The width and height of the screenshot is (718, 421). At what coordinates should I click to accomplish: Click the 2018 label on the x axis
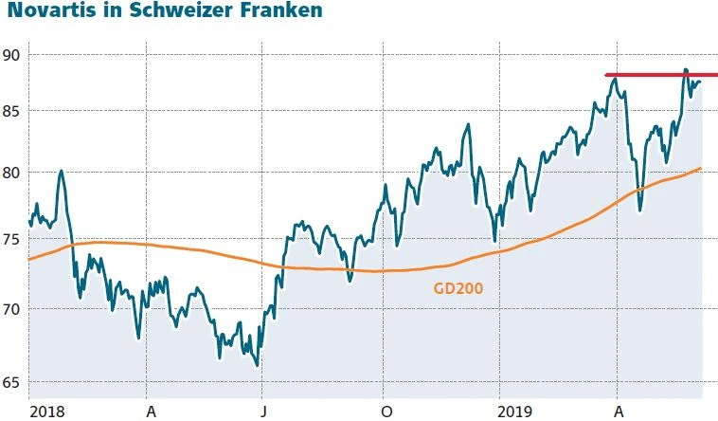point(45,412)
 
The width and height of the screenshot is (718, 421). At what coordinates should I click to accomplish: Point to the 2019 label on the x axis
point(516,412)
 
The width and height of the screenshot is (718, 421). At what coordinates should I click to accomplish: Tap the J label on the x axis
point(264,412)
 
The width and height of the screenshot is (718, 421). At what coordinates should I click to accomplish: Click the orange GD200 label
point(458,286)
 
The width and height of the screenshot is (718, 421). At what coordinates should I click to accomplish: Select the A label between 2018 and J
point(150,412)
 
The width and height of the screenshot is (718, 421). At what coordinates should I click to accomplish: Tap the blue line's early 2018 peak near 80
point(61,172)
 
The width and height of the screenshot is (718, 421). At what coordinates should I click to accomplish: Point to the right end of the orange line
point(700,169)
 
